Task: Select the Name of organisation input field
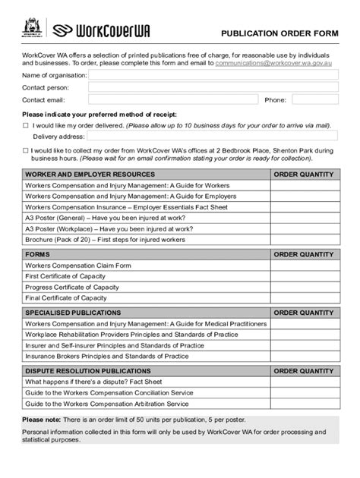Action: [213, 75]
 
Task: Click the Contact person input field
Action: [213, 87]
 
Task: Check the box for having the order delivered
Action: [25, 125]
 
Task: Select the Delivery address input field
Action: [213, 137]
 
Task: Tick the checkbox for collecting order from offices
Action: [25, 151]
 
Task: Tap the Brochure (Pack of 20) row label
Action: [105, 239]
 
